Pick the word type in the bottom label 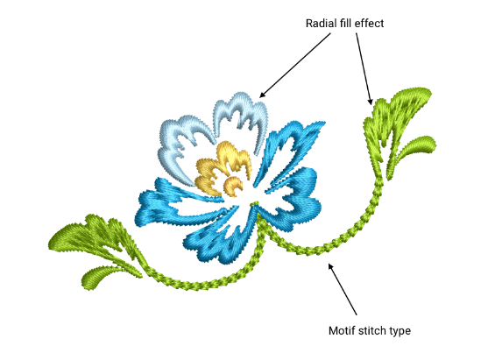coord(400,332)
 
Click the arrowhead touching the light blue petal coord(263,94)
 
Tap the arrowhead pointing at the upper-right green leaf coord(370,102)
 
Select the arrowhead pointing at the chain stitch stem coord(330,266)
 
